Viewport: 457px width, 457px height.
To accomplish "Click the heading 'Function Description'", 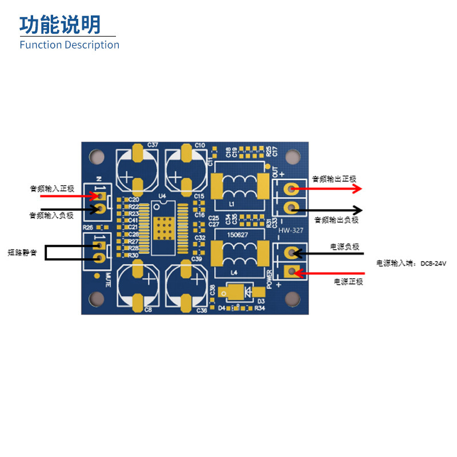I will point(69,45).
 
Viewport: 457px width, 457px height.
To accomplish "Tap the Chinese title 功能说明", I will point(60,25).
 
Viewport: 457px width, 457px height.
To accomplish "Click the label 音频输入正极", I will point(52,187).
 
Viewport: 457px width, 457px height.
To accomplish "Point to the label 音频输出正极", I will point(334,179).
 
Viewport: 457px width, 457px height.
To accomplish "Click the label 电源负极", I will point(344,247).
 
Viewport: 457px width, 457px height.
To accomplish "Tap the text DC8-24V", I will point(432,263).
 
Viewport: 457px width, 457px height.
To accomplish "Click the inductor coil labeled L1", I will point(240,185).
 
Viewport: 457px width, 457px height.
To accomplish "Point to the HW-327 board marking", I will point(291,231).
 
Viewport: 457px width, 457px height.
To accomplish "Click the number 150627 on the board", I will point(238,234).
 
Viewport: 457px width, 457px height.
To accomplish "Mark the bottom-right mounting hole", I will point(293,298).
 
